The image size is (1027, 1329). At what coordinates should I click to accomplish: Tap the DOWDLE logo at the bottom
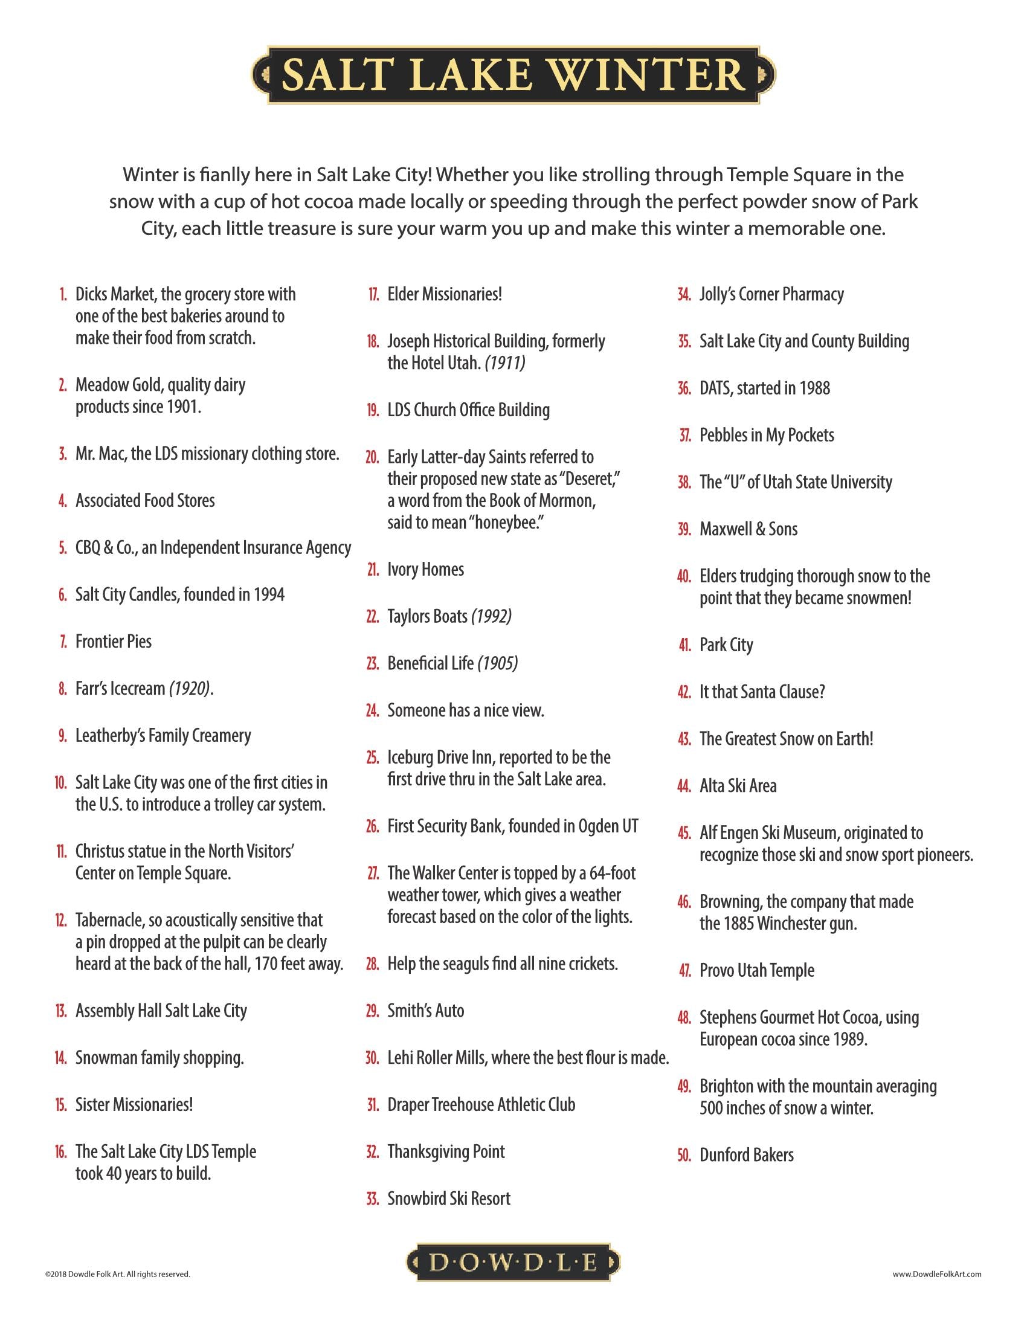[513, 1263]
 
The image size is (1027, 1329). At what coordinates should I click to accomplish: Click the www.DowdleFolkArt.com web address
[937, 1273]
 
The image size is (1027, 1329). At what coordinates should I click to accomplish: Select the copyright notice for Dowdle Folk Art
[117, 1273]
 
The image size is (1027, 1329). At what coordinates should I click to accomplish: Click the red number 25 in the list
[372, 758]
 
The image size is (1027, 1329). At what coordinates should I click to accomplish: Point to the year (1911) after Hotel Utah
[505, 363]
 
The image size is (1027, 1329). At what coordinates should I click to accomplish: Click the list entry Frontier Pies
[113, 642]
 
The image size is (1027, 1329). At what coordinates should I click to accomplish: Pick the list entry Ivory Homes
[425, 570]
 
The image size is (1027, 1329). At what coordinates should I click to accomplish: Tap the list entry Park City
[726, 645]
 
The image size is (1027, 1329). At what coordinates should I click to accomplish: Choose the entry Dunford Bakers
[747, 1155]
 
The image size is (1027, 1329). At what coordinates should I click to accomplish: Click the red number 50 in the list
[684, 1155]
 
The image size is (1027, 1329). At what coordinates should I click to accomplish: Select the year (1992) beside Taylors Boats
[491, 616]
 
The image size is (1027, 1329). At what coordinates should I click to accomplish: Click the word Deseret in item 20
[588, 480]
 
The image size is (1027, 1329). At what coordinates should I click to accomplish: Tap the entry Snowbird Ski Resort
[448, 1199]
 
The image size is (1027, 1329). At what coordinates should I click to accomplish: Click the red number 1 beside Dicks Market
[63, 295]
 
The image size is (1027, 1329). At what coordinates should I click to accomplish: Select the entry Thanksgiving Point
[446, 1152]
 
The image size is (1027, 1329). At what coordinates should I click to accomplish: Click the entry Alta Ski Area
[738, 786]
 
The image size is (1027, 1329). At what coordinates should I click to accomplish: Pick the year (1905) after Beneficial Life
[498, 663]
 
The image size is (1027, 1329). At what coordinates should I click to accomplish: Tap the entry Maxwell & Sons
[749, 529]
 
